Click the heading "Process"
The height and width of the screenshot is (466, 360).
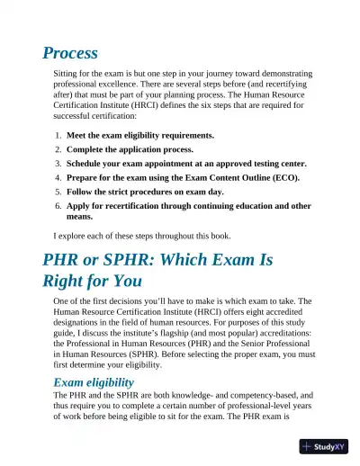[x=69, y=53]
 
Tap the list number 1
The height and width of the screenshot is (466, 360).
[x=58, y=135]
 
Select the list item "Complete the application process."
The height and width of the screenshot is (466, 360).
[x=127, y=149]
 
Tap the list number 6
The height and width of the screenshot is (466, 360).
[x=58, y=206]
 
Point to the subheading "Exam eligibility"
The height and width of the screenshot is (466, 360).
[x=102, y=382]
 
